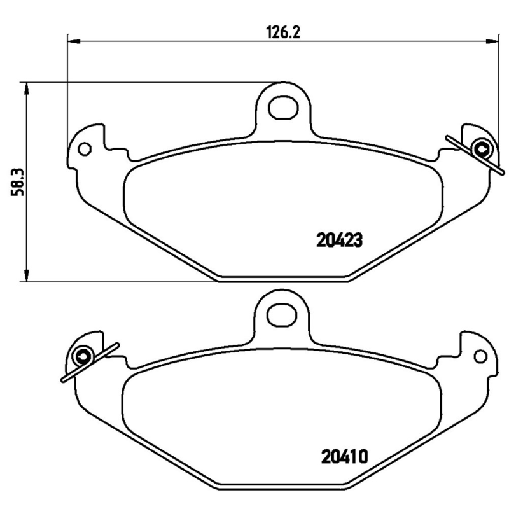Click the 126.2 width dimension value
(x=281, y=31)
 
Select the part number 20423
(x=339, y=240)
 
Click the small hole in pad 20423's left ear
(x=83, y=150)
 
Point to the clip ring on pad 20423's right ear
(x=482, y=150)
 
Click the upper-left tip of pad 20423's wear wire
(x=447, y=137)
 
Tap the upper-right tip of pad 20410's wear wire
(x=117, y=344)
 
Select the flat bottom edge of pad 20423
(x=282, y=278)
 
